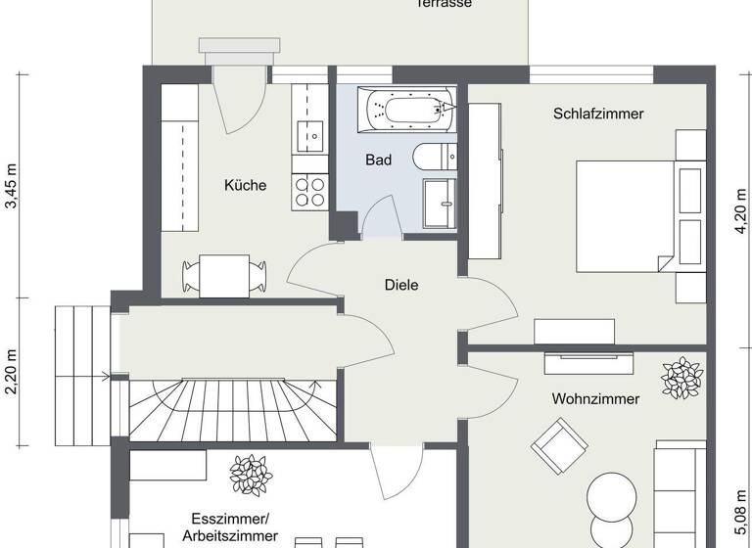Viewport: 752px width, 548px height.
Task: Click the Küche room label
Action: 245,185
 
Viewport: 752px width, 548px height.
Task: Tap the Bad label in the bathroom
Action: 378,160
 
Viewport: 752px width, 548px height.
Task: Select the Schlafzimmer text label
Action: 598,114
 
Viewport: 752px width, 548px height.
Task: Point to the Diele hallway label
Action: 401,286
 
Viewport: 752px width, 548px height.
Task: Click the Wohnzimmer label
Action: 595,399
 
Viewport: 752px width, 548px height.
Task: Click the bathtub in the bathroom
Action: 409,110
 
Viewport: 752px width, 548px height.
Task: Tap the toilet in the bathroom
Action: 432,157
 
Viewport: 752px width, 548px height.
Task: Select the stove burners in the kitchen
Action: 310,190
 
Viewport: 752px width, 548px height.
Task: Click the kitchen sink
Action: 311,136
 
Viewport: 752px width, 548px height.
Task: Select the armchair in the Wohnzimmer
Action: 555,443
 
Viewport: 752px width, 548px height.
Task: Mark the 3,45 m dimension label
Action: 13,188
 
